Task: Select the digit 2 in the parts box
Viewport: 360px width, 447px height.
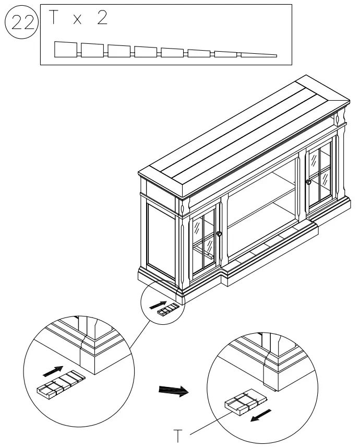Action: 102,19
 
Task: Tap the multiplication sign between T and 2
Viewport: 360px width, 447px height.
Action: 78,20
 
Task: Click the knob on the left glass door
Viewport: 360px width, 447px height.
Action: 219,233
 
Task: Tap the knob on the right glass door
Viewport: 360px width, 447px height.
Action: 309,182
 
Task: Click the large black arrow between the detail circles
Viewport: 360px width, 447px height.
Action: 173,391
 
